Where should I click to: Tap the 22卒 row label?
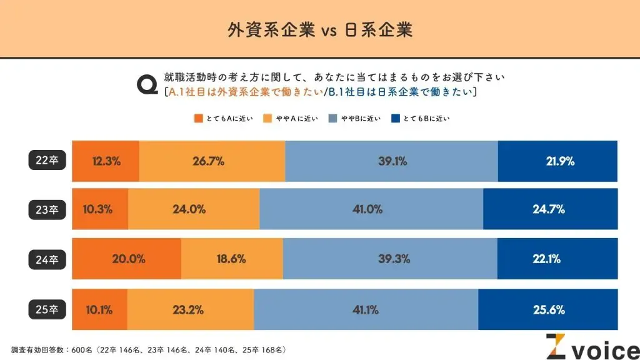[x=47, y=161]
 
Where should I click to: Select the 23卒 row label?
[x=47, y=209]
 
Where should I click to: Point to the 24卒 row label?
[x=47, y=258]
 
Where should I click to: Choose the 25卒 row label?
[x=47, y=308]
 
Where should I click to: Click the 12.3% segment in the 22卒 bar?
[x=106, y=161]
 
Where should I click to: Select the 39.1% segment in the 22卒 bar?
[x=392, y=161]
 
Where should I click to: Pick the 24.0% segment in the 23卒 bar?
[x=194, y=209]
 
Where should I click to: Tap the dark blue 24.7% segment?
[x=550, y=209]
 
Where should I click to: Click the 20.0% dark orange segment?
[x=127, y=258]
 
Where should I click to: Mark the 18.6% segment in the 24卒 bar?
[x=232, y=258]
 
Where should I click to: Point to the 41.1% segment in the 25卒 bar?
[x=366, y=309]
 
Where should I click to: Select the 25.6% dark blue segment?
[x=548, y=309]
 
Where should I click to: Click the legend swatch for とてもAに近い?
[x=199, y=118]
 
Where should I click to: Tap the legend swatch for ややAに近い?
[x=267, y=118]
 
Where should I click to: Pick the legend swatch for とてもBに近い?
[x=394, y=118]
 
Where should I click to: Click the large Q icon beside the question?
[x=148, y=84]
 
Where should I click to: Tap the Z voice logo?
[x=591, y=347]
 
